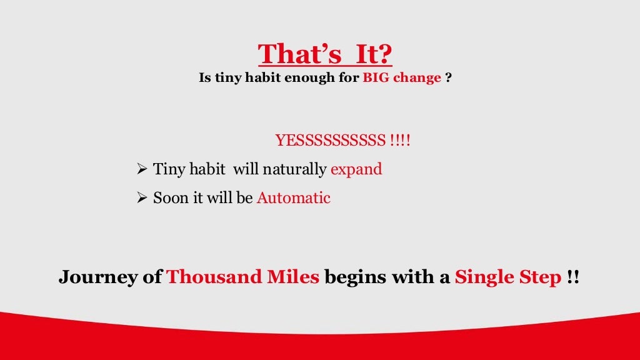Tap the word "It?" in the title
click(x=374, y=54)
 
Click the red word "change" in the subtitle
click(x=417, y=79)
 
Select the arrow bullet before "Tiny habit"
click(x=141, y=169)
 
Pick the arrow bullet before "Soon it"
click(x=141, y=198)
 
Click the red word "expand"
click(x=356, y=170)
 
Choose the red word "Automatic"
click(x=293, y=198)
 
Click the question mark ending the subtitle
click(x=449, y=79)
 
